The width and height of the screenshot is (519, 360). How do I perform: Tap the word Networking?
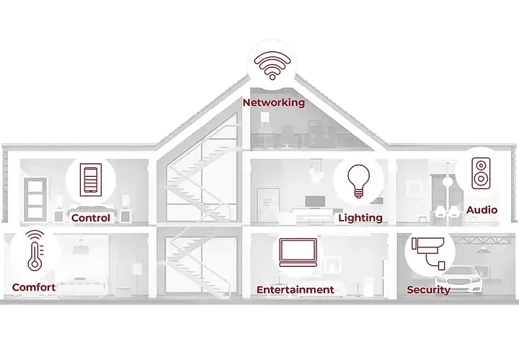click(x=274, y=102)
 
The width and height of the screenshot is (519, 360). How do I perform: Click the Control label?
click(x=91, y=218)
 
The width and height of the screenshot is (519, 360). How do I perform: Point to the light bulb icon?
click(x=359, y=181)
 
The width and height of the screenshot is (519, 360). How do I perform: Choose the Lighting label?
click(x=360, y=218)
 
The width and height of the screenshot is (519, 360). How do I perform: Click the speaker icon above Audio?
click(x=481, y=173)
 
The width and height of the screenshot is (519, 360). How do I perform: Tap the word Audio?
click(x=482, y=210)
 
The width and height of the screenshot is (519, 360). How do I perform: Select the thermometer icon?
click(x=35, y=251)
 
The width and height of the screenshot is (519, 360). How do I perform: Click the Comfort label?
click(x=34, y=287)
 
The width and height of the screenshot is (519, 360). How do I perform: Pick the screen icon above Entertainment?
click(x=298, y=253)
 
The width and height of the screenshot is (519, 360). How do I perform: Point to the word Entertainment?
click(x=296, y=290)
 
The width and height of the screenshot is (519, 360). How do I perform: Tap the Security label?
click(x=428, y=290)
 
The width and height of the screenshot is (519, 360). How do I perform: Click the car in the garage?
click(x=459, y=280)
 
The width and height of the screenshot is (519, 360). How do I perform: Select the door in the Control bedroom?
click(x=35, y=199)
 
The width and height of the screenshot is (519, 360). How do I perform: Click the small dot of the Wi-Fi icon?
click(x=272, y=77)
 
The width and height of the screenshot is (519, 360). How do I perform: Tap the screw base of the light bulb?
click(x=359, y=193)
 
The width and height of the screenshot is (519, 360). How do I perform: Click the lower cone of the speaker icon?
click(x=481, y=179)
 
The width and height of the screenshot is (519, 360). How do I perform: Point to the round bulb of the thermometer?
click(x=35, y=265)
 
